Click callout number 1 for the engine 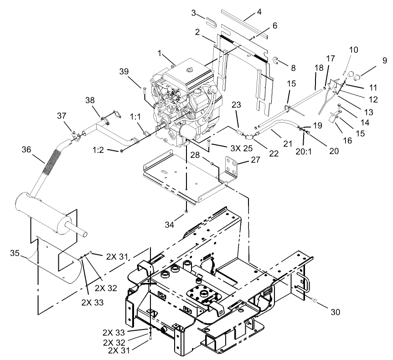tap(160, 53)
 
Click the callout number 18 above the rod tap(319, 67)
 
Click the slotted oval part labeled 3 tap(210, 22)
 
